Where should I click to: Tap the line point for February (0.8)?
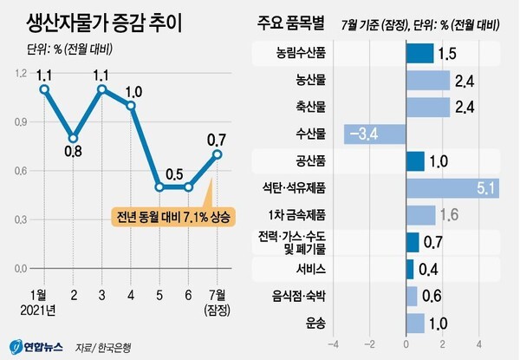pos(74,138)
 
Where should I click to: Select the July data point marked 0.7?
pos(217,154)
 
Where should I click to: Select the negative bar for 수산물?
pos(374,134)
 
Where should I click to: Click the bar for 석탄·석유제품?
pos(451,187)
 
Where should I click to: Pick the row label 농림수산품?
pos(301,55)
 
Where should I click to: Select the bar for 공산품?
pos(415,161)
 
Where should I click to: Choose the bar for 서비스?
pos(410,269)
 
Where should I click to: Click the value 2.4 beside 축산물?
pos(464,108)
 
